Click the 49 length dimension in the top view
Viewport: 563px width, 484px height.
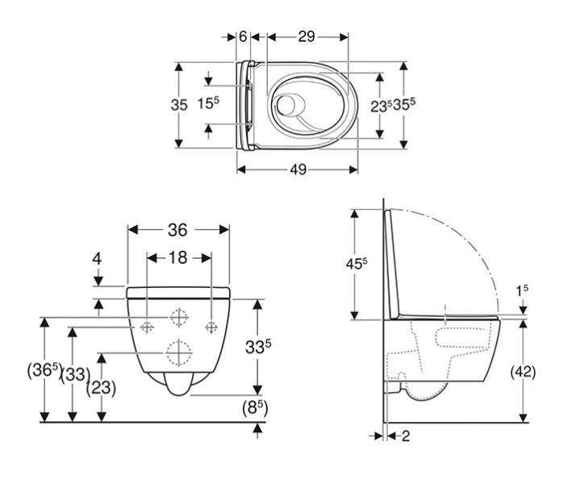pyautogui.click(x=298, y=169)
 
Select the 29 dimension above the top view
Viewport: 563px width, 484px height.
pyautogui.click(x=306, y=36)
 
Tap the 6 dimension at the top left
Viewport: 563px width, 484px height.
pyautogui.click(x=243, y=36)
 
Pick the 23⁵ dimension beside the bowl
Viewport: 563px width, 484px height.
pyautogui.click(x=381, y=105)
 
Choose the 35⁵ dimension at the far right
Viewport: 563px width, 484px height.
pyautogui.click(x=405, y=105)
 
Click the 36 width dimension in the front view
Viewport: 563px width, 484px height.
pyautogui.click(x=178, y=230)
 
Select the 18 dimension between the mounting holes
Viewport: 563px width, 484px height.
pyautogui.click(x=178, y=257)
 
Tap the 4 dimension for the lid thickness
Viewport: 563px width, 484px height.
pyautogui.click(x=97, y=259)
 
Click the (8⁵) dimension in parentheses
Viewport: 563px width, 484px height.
pyautogui.click(x=256, y=408)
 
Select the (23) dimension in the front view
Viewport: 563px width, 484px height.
pyautogui.click(x=101, y=387)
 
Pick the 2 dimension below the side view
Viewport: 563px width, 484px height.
pyautogui.click(x=405, y=436)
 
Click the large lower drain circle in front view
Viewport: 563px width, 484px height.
pyautogui.click(x=179, y=353)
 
